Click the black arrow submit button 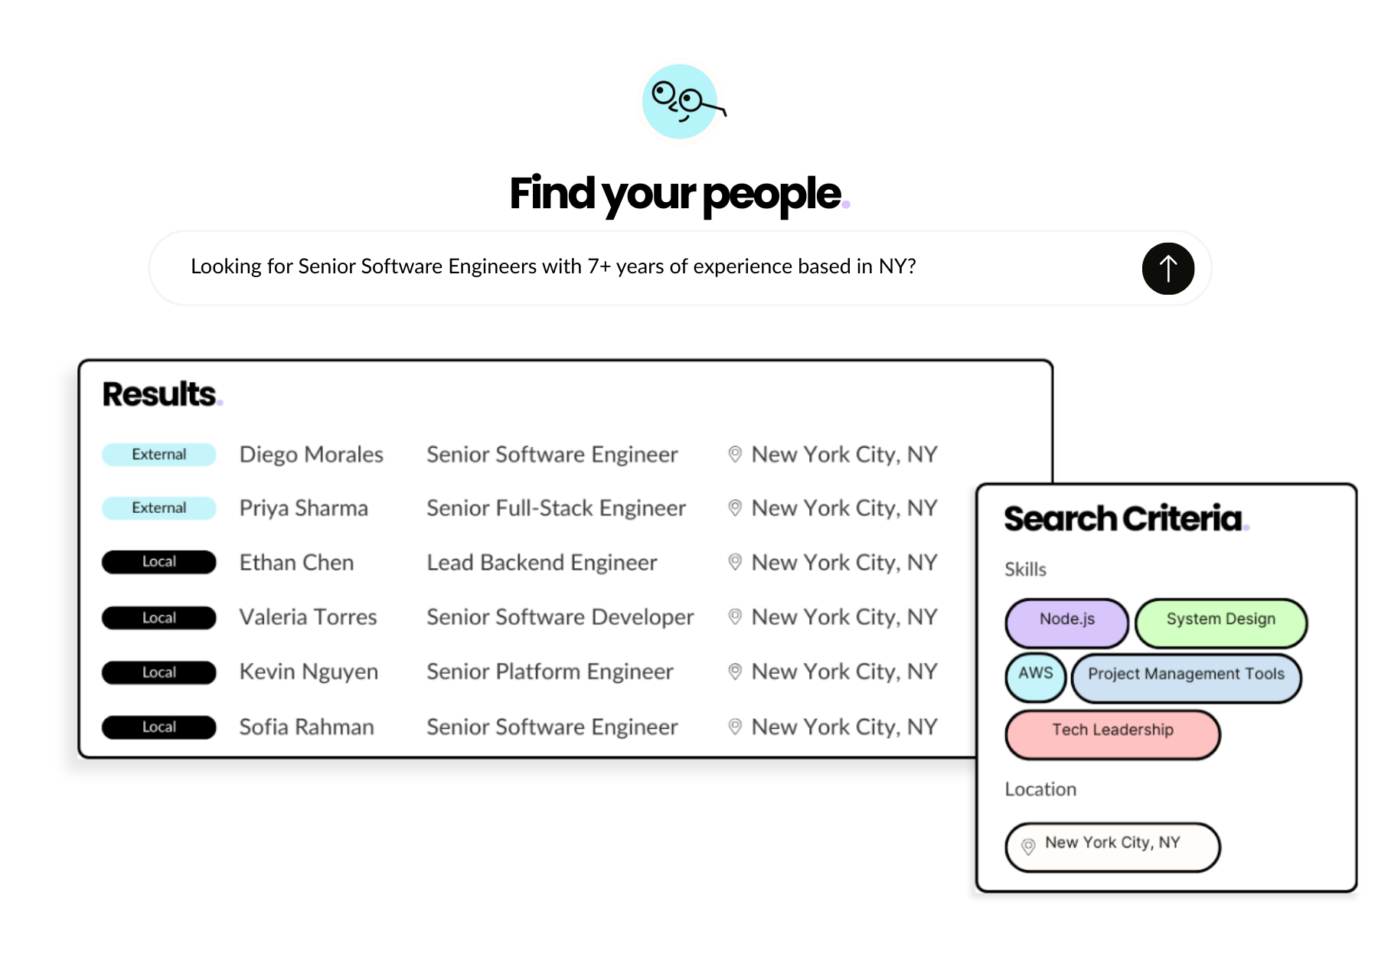(x=1167, y=269)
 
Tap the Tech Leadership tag (x=1112, y=733)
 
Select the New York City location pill (x=1112, y=847)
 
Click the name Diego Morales (x=311, y=454)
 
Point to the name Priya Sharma (x=303, y=508)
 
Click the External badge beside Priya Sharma (x=158, y=508)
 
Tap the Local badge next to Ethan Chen (x=158, y=562)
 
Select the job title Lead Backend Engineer (x=541, y=563)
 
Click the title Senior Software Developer (x=560, y=617)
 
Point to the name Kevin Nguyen (x=309, y=671)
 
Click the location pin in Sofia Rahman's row (x=735, y=727)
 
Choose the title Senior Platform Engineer (x=550, y=671)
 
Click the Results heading (x=160, y=394)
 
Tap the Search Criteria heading (x=1123, y=519)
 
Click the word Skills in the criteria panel (x=1025, y=570)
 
